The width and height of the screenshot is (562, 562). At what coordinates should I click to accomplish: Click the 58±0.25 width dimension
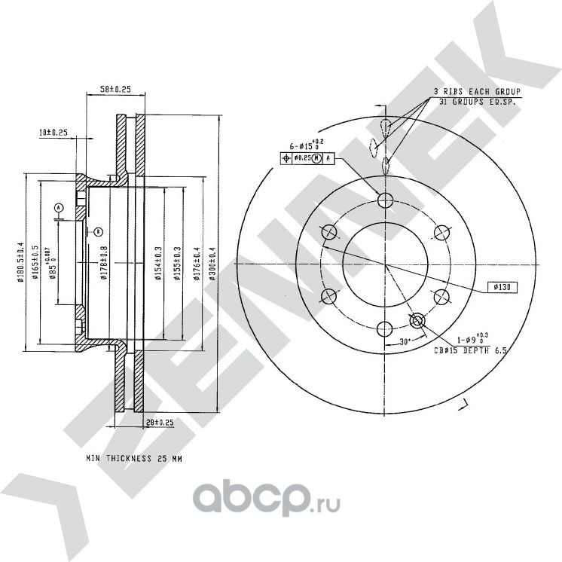pos(115,90)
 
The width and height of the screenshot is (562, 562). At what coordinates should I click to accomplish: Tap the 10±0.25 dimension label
pos(53,133)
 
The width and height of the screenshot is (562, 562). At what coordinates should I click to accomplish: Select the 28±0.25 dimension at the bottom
pos(159,423)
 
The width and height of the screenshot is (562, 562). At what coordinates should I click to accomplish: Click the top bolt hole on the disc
pos(386,200)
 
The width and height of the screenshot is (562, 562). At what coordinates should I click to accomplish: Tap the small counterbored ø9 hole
pos(417,322)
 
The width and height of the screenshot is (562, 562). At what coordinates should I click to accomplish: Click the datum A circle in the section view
pos(59,207)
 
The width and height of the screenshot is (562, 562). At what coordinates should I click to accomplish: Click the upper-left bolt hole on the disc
pos(329,232)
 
